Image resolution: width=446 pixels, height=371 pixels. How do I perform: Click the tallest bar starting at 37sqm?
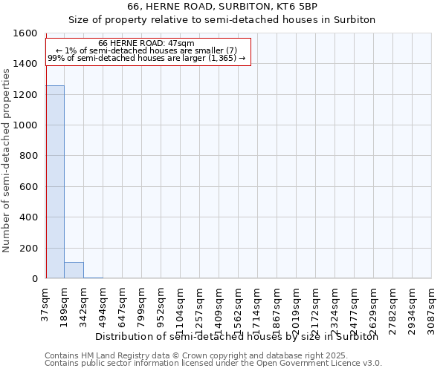[x=55, y=182]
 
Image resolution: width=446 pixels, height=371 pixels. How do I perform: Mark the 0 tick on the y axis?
[x=35, y=279]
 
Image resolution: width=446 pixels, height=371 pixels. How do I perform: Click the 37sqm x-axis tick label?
[x=46, y=303]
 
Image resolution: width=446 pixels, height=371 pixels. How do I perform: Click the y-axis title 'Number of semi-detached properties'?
[x=7, y=157]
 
